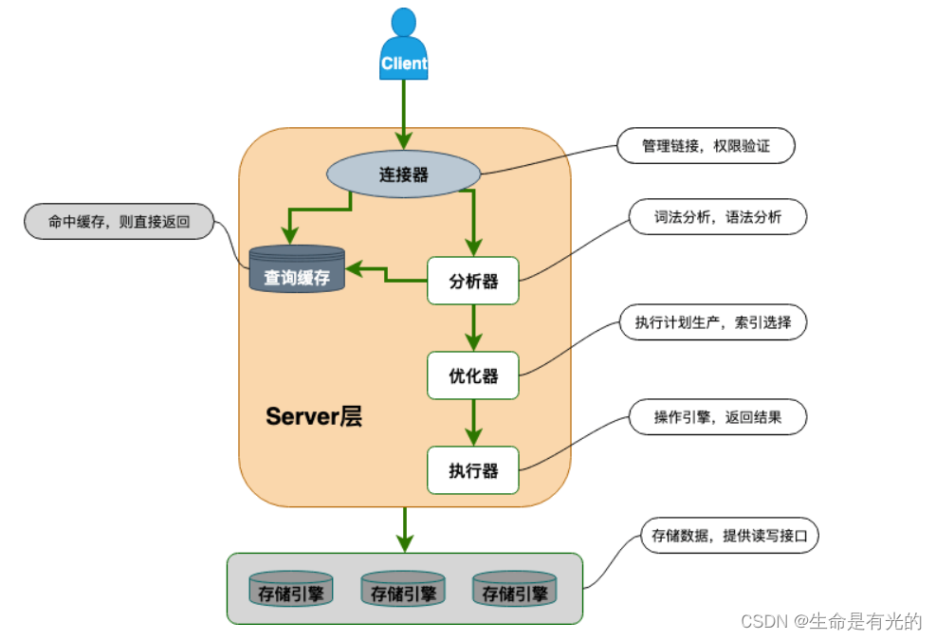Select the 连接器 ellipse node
(x=404, y=174)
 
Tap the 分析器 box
(x=473, y=281)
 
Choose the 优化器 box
(x=473, y=375)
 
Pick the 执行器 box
(x=473, y=470)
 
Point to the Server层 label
(x=314, y=417)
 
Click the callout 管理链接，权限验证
(x=706, y=146)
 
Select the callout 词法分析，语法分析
(x=717, y=216)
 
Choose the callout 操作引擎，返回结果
(x=717, y=416)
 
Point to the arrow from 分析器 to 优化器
(x=473, y=328)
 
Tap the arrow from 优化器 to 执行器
(x=473, y=423)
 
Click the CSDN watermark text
(x=831, y=621)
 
